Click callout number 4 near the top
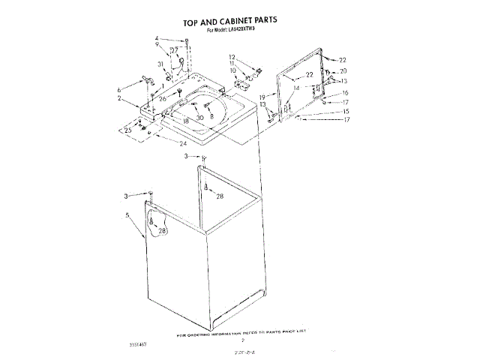(157, 38)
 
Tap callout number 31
(160, 64)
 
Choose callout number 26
(162, 98)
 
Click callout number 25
(127, 130)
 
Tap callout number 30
(200, 118)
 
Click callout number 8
(212, 118)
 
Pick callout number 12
(232, 57)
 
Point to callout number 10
(232, 70)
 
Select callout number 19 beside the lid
(263, 97)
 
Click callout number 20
(343, 70)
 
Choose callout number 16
(346, 93)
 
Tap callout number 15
(346, 111)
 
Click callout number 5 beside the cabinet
(128, 215)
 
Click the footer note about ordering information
(242, 331)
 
